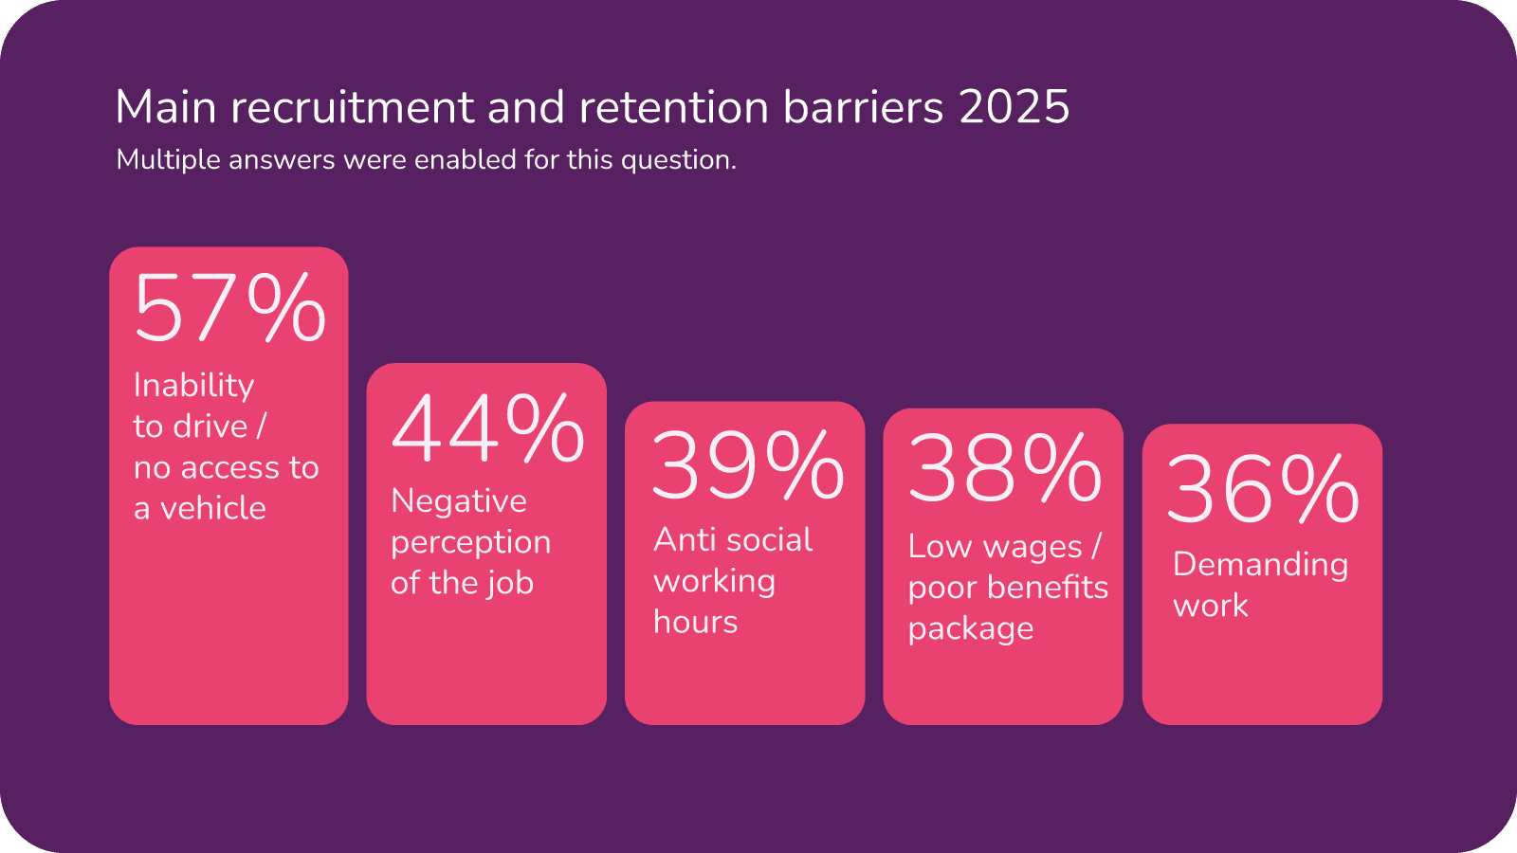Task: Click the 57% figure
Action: tap(230, 308)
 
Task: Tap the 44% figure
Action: tap(487, 428)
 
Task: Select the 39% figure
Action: tap(747, 465)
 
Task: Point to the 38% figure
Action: tap(1005, 469)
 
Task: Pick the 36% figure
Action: tap(1263, 489)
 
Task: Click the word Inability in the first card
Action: tap(194, 386)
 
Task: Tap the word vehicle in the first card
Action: tap(213, 509)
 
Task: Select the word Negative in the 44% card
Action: tap(459, 501)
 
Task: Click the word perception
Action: tap(470, 543)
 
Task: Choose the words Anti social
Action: tap(733, 540)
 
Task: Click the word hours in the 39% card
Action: tap(695, 623)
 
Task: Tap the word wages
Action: tap(1033, 548)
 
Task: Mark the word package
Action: tap(971, 629)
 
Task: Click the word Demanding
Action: tap(1260, 565)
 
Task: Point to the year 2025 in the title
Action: tap(1014, 107)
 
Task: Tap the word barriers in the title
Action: tap(864, 107)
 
